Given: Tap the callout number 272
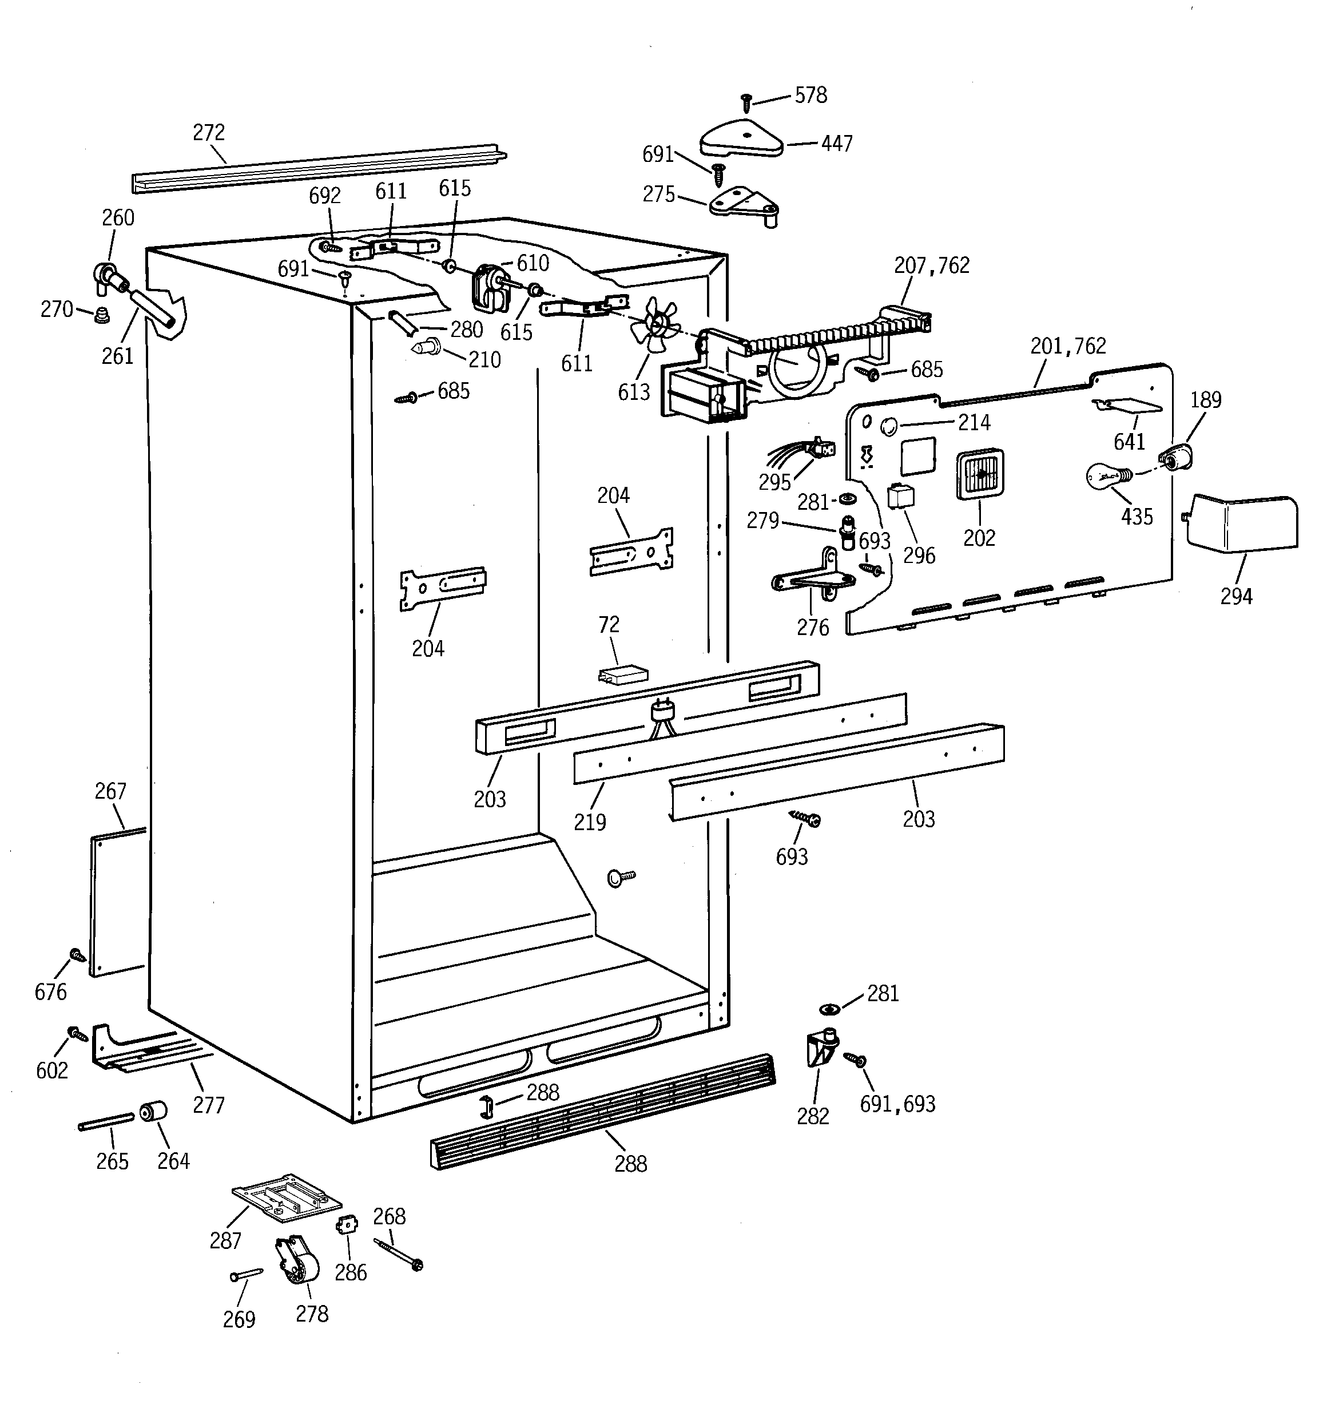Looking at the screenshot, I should tap(209, 133).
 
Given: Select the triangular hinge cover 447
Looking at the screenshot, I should tap(741, 138).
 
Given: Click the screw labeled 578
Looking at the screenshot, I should tap(746, 102).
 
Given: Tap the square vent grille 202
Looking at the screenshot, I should tap(980, 474).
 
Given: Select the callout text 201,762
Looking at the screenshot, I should tap(1068, 346).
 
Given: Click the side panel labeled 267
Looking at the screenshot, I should tap(117, 902).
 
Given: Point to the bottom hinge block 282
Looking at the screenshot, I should tap(821, 1048).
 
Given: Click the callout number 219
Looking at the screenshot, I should tap(590, 822).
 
